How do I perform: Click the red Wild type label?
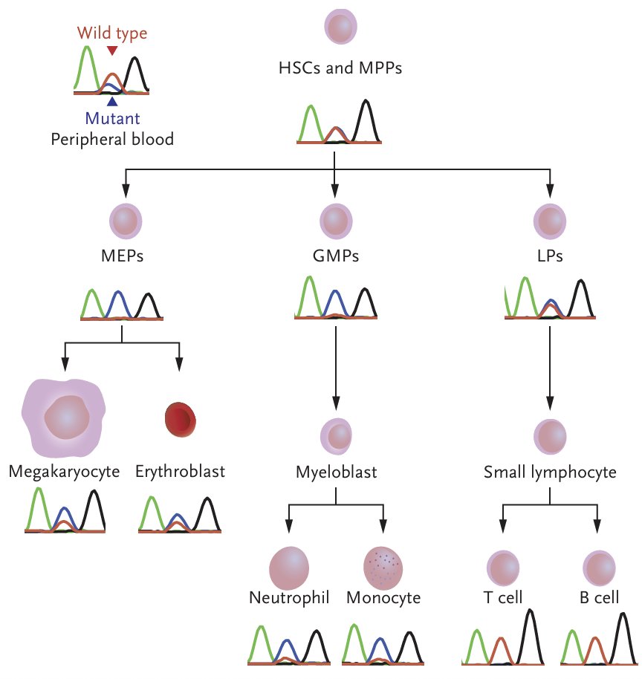click(111, 33)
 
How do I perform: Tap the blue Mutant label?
click(112, 118)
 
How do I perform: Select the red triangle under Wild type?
click(111, 51)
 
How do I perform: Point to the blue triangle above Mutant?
click(111, 102)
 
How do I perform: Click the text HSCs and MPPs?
click(340, 70)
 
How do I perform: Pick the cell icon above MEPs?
click(126, 221)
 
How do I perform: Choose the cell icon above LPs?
click(551, 221)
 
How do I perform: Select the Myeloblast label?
click(336, 472)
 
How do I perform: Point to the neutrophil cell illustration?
click(288, 567)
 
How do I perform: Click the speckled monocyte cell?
click(383, 568)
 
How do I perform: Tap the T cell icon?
click(502, 568)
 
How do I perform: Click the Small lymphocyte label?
click(550, 472)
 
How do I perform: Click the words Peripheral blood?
click(112, 139)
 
